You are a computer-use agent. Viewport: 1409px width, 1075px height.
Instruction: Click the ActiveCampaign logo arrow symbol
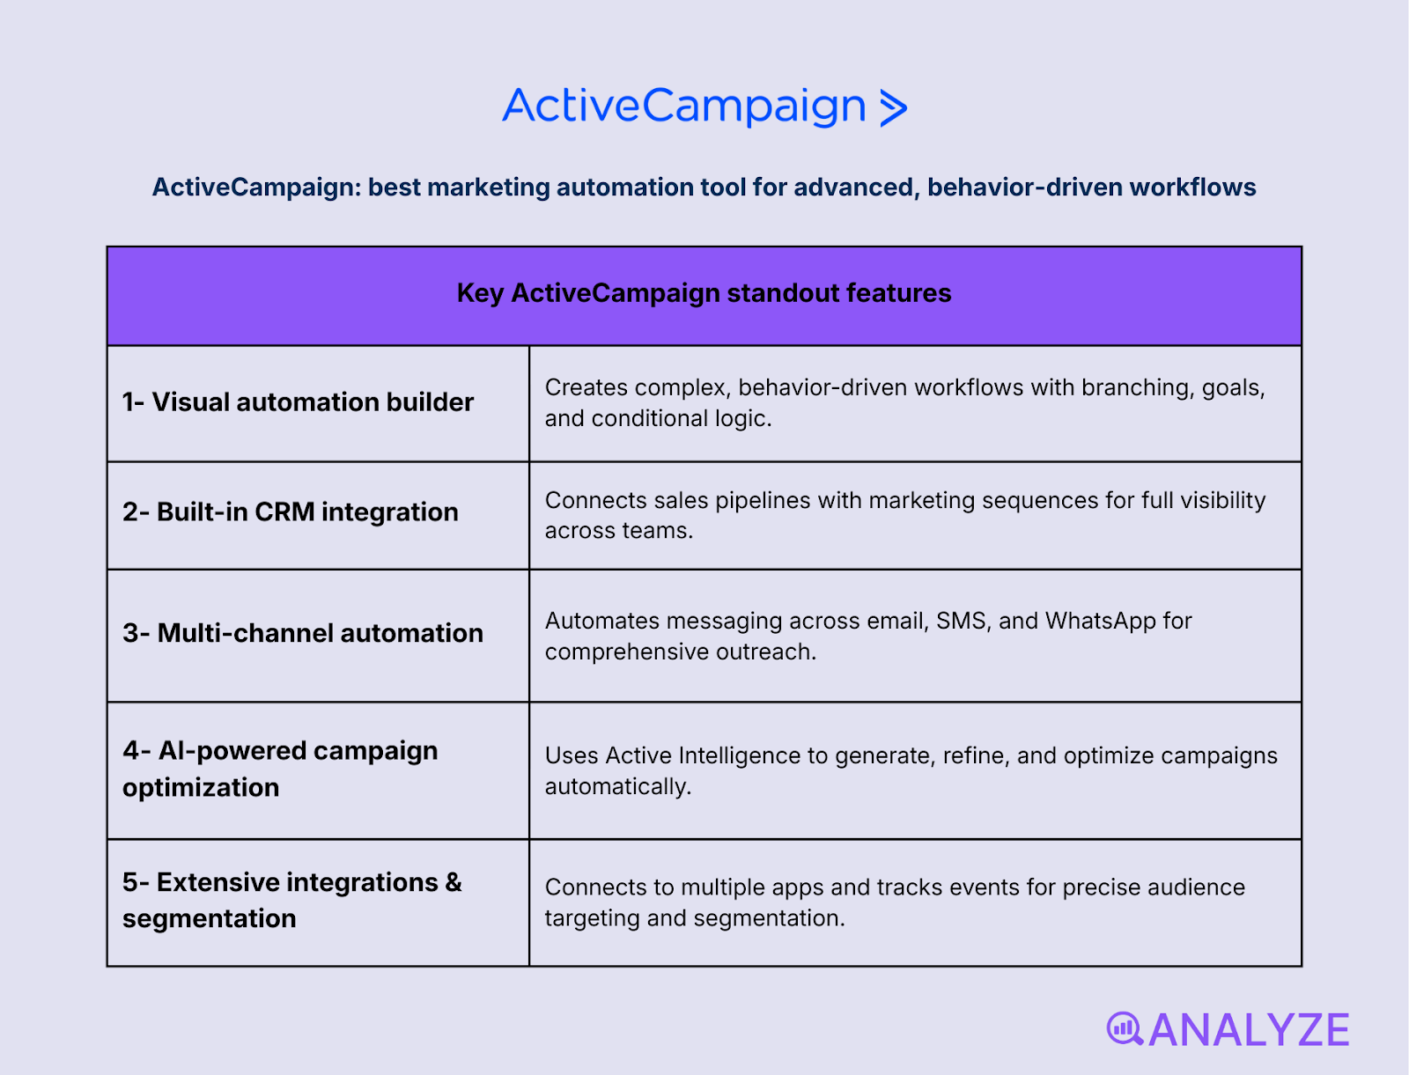(x=893, y=108)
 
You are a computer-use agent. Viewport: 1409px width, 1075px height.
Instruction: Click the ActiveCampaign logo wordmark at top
(x=684, y=107)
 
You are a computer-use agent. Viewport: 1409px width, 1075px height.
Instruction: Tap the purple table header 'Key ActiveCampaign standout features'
(x=704, y=293)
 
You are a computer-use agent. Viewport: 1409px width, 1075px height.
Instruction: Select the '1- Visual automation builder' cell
(x=298, y=402)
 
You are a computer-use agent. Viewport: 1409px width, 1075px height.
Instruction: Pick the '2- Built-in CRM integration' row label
(x=290, y=512)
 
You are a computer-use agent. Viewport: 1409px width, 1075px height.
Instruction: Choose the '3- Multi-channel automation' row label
(x=302, y=633)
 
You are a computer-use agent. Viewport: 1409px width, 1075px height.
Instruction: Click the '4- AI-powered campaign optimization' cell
(x=280, y=769)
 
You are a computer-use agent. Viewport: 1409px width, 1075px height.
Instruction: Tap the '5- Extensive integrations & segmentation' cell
(x=291, y=900)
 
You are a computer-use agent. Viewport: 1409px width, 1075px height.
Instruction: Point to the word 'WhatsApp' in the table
(x=1100, y=622)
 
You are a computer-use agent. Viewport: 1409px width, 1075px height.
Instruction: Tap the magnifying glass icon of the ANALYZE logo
(x=1124, y=1028)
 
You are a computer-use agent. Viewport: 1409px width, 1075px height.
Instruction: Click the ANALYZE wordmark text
(x=1249, y=1030)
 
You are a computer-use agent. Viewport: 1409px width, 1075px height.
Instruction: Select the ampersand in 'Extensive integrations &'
(x=454, y=882)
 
